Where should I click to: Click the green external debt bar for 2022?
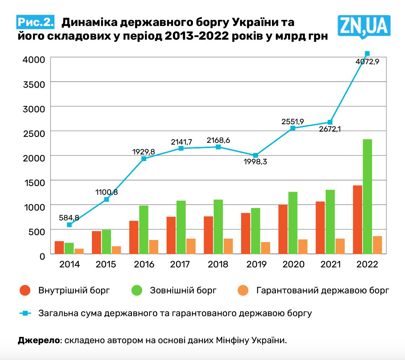coord(367,196)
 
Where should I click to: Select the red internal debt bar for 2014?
coord(59,247)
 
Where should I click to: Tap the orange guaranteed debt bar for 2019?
coord(266,248)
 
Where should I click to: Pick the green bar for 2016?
coord(144,229)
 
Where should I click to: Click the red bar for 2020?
coord(283,229)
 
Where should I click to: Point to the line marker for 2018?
coord(218,147)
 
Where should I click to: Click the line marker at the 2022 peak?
coord(367,54)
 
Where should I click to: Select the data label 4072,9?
coord(367,62)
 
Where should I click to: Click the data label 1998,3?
coord(255,162)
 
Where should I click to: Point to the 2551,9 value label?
coord(293,122)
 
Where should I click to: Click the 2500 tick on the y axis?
coord(34,133)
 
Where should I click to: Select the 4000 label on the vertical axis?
coord(34,59)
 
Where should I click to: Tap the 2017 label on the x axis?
coord(181,264)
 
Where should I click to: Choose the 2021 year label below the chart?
coord(330,264)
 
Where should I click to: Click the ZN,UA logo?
coord(364,25)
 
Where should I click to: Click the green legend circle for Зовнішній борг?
coord(137,291)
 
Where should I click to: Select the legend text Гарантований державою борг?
coord(323,291)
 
